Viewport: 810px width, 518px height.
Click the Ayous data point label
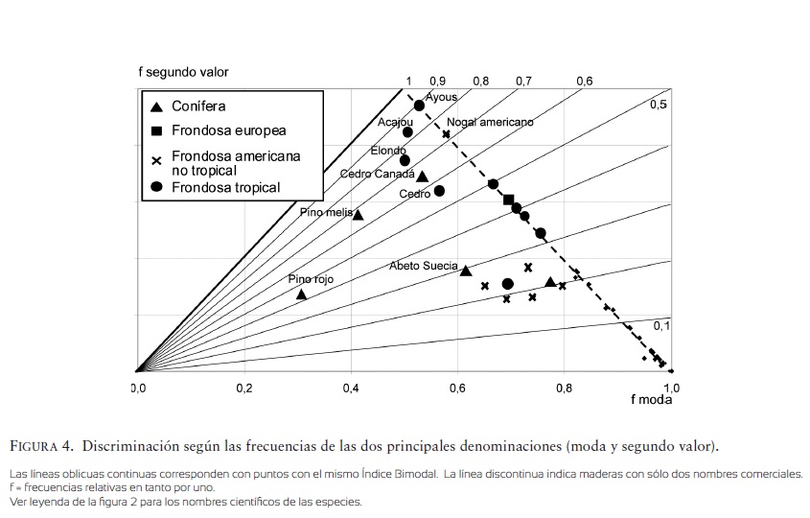tap(442, 97)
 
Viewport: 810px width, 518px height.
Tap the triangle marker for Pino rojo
tap(301, 294)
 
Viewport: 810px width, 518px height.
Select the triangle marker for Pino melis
tap(358, 214)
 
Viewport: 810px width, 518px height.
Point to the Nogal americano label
tap(490, 122)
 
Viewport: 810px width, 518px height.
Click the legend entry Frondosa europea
tap(228, 130)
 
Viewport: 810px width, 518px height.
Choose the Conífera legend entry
tap(198, 106)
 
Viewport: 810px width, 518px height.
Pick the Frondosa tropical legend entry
tap(225, 187)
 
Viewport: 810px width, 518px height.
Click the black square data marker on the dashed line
tap(509, 200)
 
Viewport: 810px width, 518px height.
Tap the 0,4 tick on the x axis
tap(351, 388)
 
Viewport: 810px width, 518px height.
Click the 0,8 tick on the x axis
tap(564, 388)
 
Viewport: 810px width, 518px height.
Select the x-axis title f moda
tap(651, 400)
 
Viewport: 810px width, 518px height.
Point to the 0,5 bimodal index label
tap(659, 105)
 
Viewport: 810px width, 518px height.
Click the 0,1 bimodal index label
tap(662, 326)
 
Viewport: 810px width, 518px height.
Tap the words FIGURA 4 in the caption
tap(41, 446)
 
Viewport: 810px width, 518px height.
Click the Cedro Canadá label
tap(377, 174)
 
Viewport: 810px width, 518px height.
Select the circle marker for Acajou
tap(407, 132)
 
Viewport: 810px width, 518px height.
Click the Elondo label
tap(388, 151)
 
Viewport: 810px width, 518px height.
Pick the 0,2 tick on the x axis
tap(243, 388)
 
